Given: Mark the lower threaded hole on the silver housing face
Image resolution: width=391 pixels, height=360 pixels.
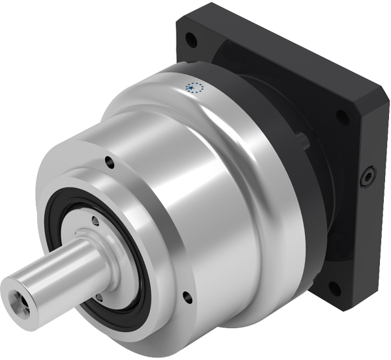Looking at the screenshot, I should [188, 297].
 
